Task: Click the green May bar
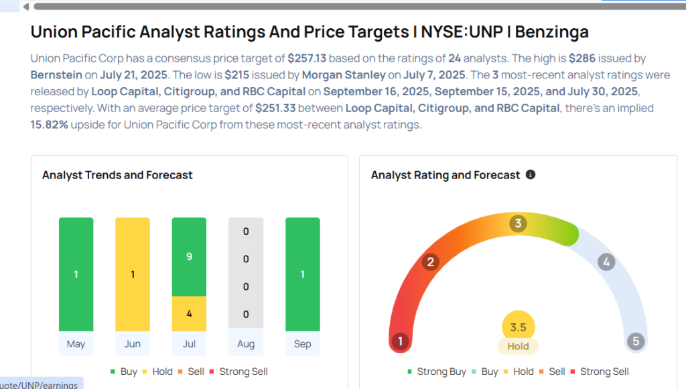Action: pos(76,274)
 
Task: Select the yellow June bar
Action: pos(133,274)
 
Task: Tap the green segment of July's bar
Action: pos(189,257)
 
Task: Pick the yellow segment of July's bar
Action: pos(189,313)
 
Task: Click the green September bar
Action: pos(302,274)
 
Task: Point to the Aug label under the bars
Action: pos(246,344)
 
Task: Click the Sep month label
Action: pos(302,344)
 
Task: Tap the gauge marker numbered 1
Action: pos(400,341)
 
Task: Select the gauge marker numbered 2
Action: pos(431,262)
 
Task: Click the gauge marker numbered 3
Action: pos(517,223)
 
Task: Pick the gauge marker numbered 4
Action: pos(606,262)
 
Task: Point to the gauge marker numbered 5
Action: pos(636,341)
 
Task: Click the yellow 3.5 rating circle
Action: pos(518,327)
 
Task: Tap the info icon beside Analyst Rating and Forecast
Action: pos(531,174)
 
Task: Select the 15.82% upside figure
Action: pos(49,124)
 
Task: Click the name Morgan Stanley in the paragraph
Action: pos(343,74)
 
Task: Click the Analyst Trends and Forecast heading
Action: pos(117,175)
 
